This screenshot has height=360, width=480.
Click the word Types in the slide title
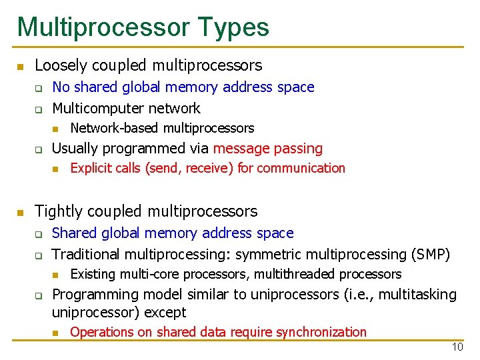233,27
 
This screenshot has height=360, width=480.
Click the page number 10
457,347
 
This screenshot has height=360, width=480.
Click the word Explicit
90,168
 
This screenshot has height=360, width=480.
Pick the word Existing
91,274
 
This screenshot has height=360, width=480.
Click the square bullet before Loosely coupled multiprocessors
21,67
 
